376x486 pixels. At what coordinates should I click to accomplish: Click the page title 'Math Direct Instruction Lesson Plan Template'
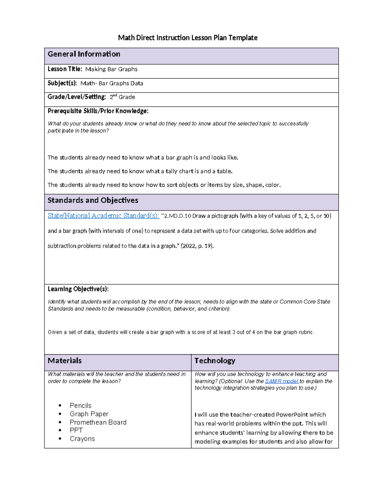pos(188,38)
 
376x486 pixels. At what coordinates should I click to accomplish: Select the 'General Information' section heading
pos(84,54)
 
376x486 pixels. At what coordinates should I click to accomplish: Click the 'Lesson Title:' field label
pos(65,69)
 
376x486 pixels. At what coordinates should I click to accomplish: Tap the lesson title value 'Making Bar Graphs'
pos(111,69)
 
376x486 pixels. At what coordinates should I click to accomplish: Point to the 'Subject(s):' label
pos(62,83)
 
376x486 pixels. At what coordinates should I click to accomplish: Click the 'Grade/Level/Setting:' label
pos(77,97)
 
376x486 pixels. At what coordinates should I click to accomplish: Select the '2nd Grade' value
pos(122,97)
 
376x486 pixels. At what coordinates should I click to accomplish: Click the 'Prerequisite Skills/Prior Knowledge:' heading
pos(98,111)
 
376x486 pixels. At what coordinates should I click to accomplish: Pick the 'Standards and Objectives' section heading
pos(93,200)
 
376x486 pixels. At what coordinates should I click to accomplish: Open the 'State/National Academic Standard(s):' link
pos(103,216)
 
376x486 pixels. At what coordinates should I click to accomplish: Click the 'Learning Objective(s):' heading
pos(78,289)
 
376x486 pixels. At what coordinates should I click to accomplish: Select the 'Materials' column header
pos(65,361)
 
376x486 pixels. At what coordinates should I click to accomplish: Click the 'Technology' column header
pos(215,361)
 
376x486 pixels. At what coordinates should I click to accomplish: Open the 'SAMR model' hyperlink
pos(282,381)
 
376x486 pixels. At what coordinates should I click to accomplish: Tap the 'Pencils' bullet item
pos(81,406)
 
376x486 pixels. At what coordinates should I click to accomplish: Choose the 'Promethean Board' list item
pos(98,422)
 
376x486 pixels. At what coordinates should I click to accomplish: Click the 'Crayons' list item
pos(82,439)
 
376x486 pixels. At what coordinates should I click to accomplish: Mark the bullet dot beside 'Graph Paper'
pos(60,414)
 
